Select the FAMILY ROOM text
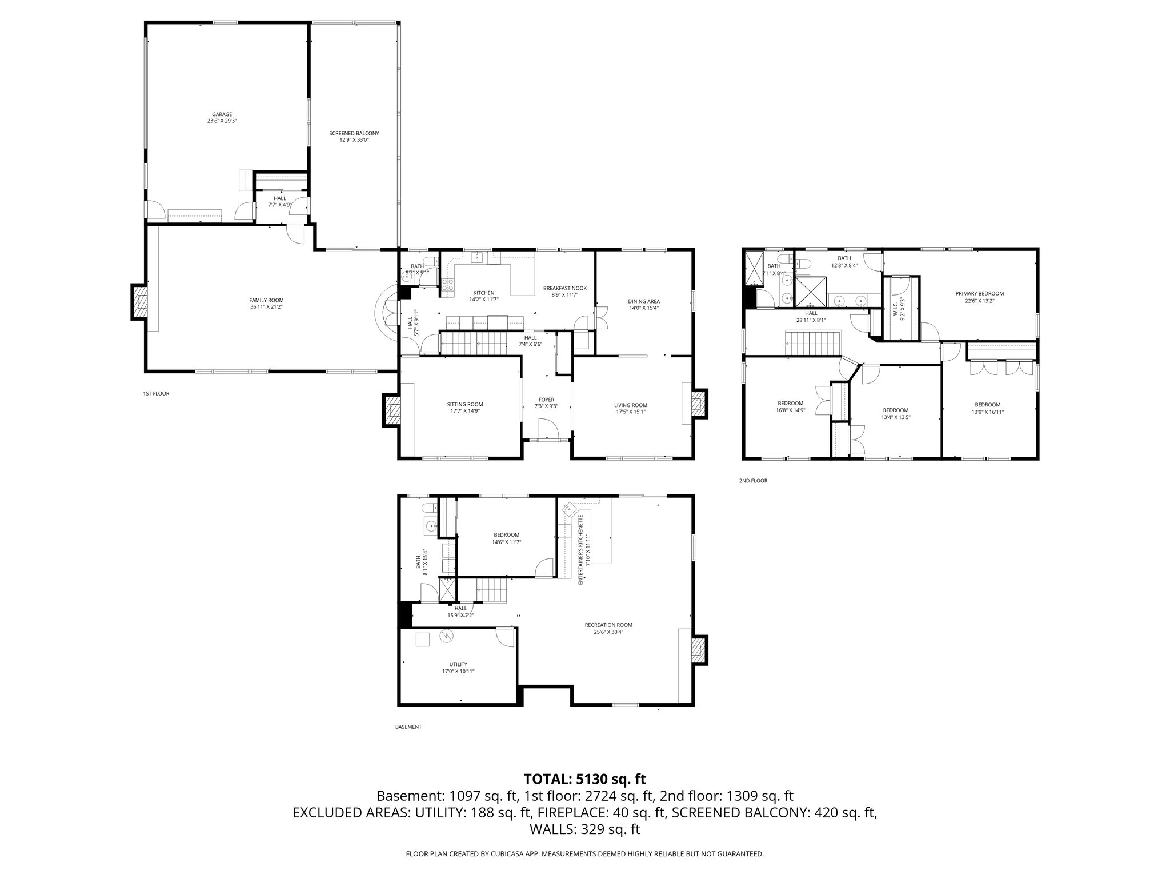pyautogui.click(x=266, y=300)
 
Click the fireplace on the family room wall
pyautogui.click(x=139, y=302)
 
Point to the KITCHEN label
pyautogui.click(x=483, y=293)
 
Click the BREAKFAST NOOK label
pyautogui.click(x=564, y=288)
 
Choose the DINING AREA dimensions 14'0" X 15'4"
pyautogui.click(x=644, y=308)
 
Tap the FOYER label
pyautogui.click(x=546, y=400)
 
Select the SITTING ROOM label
pyautogui.click(x=464, y=404)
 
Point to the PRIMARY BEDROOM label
pyautogui.click(x=979, y=294)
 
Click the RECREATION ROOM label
pyautogui.click(x=608, y=625)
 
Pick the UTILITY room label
pyautogui.click(x=458, y=664)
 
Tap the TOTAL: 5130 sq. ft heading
pyautogui.click(x=584, y=779)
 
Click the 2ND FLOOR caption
pyautogui.click(x=753, y=481)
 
